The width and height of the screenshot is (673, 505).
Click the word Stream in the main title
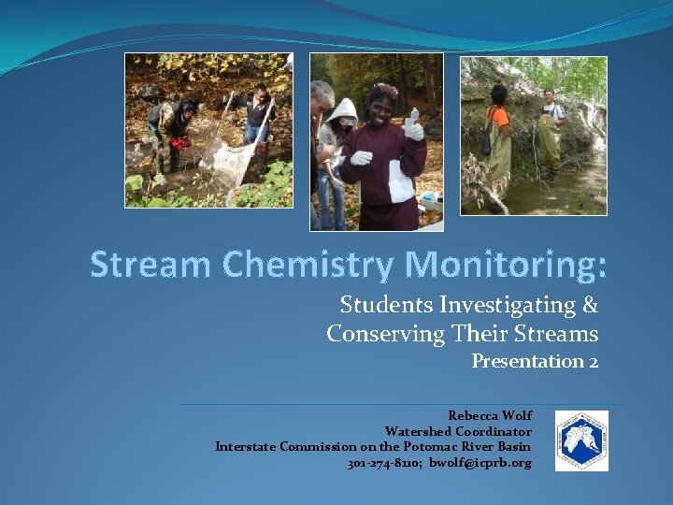click(x=150, y=266)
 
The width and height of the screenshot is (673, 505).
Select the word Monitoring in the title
click(x=504, y=266)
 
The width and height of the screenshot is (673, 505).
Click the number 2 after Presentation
click(x=594, y=361)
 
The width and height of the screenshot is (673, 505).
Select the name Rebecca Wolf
click(x=490, y=415)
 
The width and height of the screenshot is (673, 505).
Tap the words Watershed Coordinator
click(x=458, y=431)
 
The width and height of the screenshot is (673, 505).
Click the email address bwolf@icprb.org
click(x=480, y=463)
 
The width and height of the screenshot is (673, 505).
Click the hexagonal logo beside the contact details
click(x=581, y=440)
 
